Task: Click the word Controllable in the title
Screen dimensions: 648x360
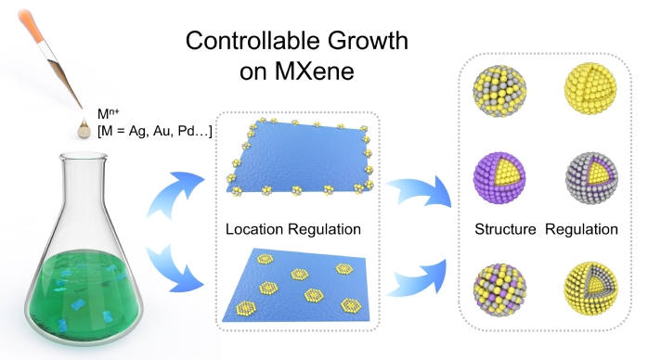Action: [253, 41]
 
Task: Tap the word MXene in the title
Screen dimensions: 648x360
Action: [314, 71]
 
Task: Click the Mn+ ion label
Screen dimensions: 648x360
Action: [109, 113]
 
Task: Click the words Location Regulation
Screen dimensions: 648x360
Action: [293, 229]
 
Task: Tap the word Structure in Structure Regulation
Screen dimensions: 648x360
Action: [505, 229]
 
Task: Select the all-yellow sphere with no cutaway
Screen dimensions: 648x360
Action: [590, 88]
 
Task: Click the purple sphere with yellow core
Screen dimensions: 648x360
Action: [499, 177]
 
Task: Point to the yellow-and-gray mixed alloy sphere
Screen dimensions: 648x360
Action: [499, 91]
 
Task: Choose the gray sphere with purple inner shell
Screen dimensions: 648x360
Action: [591, 177]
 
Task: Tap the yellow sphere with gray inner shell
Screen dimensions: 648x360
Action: [590, 288]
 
